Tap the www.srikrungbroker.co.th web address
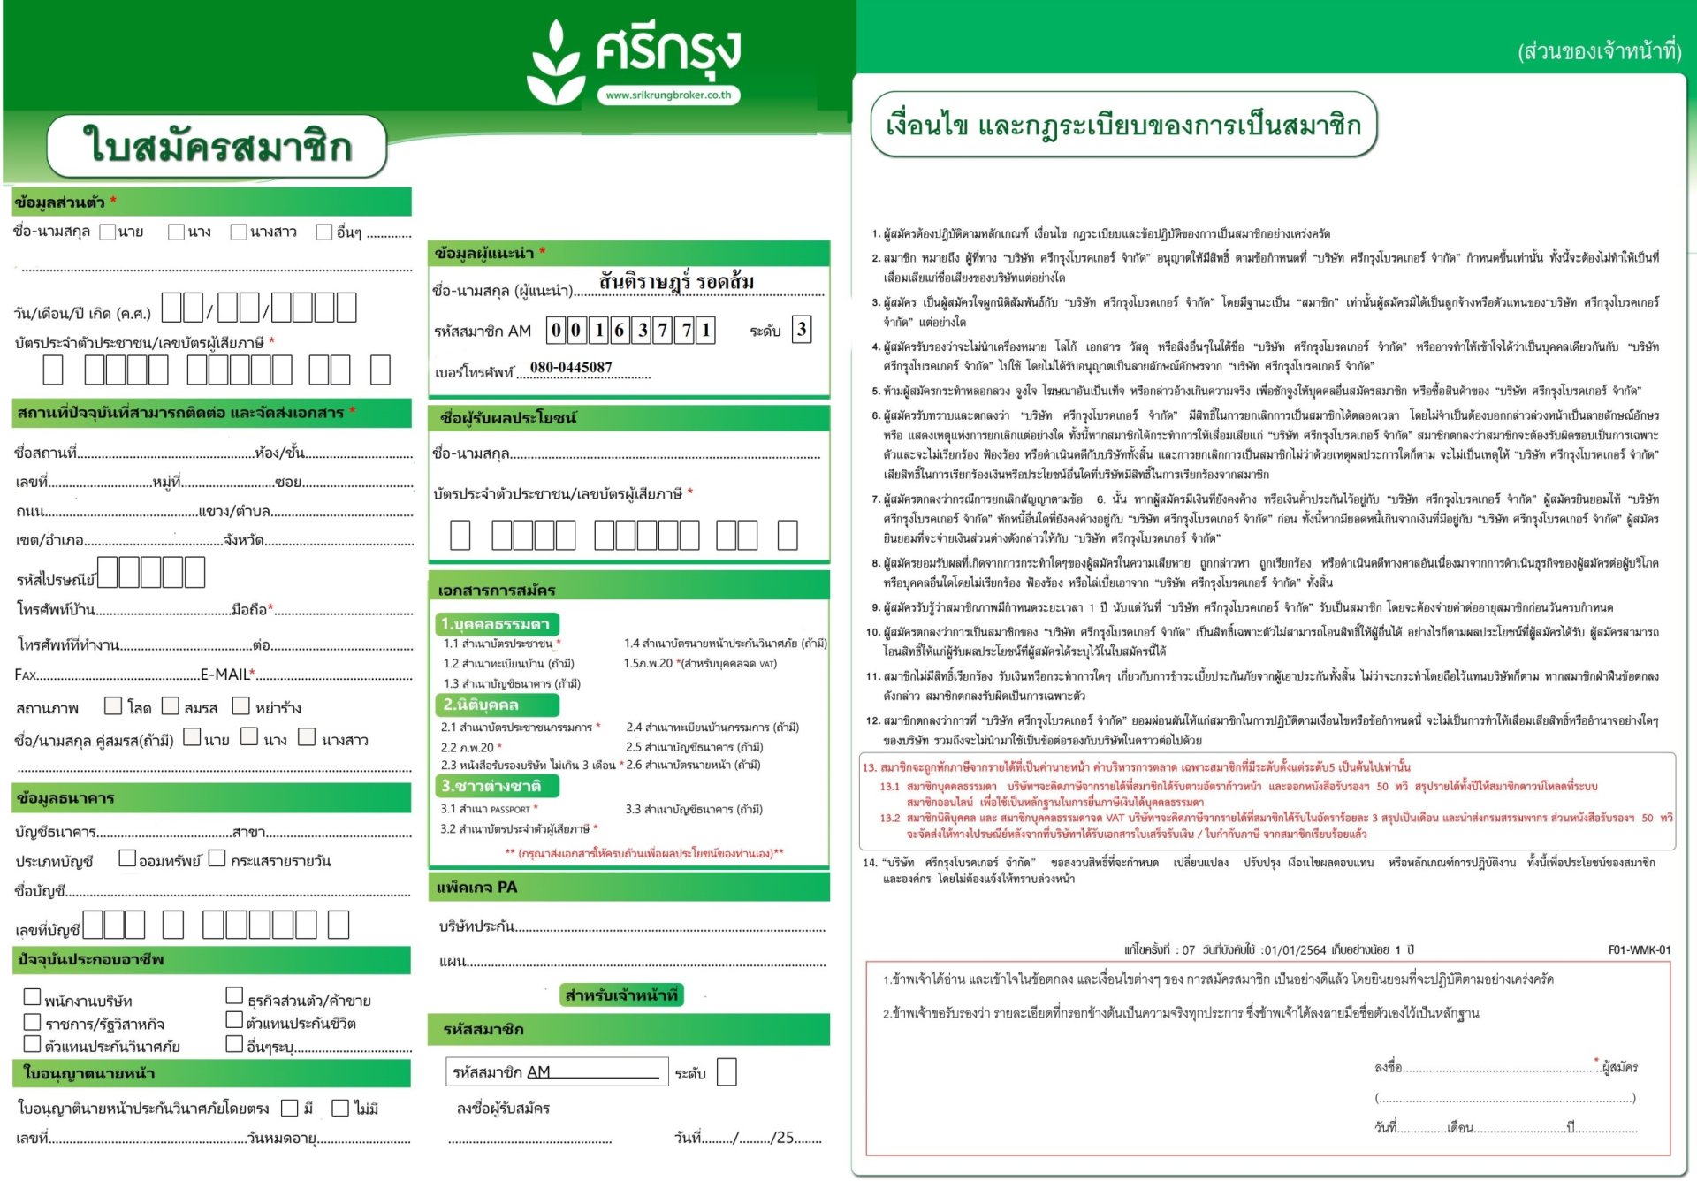pos(668,95)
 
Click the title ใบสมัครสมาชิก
pos(217,146)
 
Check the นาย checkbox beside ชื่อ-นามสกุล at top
pos(108,232)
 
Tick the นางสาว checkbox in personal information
pos(239,232)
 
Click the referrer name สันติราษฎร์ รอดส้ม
pos(676,282)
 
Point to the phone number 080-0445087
pos(571,368)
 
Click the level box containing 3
pos(801,330)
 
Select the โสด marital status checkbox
pos(113,705)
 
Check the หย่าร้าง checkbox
pos(241,705)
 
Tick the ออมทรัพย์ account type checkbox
pos(127,857)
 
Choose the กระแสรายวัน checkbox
pos(217,857)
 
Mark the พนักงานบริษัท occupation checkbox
pos(33,997)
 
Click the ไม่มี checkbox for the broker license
pos(340,1108)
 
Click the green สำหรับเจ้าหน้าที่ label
pos(621,995)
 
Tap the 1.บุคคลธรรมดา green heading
pos(496,624)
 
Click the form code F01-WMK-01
pos(1639,950)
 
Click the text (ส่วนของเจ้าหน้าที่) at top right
pos(1599,51)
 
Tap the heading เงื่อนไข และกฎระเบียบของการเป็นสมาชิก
pos(1123,125)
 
